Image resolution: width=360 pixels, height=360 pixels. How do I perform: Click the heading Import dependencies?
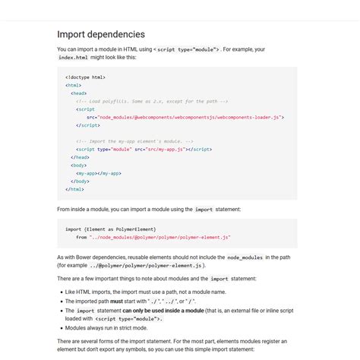pos(101,34)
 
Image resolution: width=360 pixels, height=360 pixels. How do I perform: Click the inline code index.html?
pos(73,57)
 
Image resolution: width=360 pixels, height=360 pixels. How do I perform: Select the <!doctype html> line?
pos(85,77)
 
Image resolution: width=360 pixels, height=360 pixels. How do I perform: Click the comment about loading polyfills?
pos(152,101)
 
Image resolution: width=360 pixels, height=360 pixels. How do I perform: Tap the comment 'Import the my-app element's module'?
pos(134,141)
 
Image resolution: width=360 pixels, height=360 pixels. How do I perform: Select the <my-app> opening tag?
pos(87,173)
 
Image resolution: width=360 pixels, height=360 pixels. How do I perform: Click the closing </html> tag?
pos(74,189)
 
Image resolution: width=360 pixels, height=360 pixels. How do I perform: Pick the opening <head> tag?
pos(78,93)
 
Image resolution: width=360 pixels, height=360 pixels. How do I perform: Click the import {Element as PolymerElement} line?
pos(110,229)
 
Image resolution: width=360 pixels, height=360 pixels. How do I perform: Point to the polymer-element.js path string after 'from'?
pos(159,237)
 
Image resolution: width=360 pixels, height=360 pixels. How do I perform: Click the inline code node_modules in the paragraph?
pos(245,258)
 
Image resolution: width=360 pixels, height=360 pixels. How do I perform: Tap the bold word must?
pos(116,302)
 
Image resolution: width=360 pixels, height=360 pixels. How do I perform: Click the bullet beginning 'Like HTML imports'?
pos(145,292)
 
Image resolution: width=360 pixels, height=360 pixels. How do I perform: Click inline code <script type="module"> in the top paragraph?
pos(187,49)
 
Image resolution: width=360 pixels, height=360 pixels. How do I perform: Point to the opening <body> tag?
pos(78,165)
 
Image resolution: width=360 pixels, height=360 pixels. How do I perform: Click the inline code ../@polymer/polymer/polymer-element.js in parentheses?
pos(147,266)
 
